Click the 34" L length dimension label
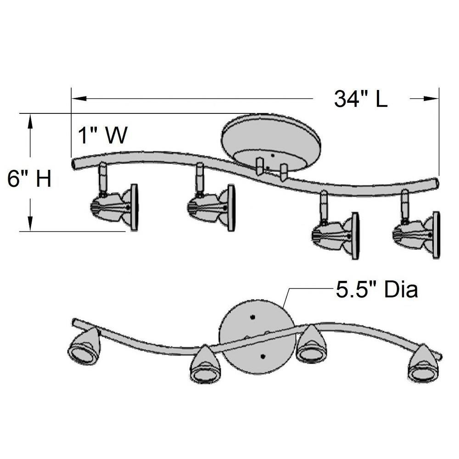361,99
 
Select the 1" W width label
103,135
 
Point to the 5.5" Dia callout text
377,290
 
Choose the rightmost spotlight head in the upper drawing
416,225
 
